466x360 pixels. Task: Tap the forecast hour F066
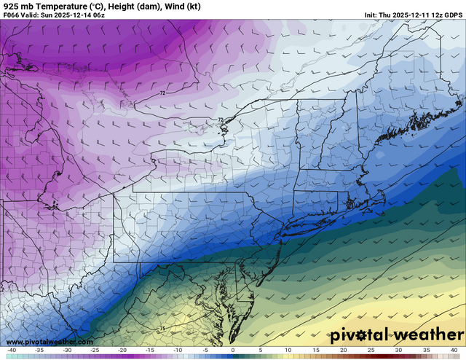click(12, 15)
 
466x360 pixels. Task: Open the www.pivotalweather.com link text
click(49, 342)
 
